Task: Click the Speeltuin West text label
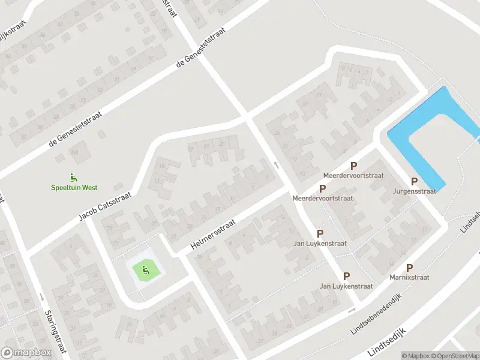click(x=73, y=187)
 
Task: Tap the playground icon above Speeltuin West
click(x=73, y=177)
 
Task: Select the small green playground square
click(x=145, y=271)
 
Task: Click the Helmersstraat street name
click(x=214, y=235)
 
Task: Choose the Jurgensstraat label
click(x=414, y=191)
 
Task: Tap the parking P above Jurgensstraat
click(x=414, y=181)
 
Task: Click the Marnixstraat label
click(x=409, y=278)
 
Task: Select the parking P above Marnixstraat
click(x=409, y=268)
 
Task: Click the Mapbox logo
click(x=26, y=353)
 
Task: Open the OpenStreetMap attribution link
click(x=454, y=356)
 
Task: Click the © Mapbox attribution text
click(x=416, y=356)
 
